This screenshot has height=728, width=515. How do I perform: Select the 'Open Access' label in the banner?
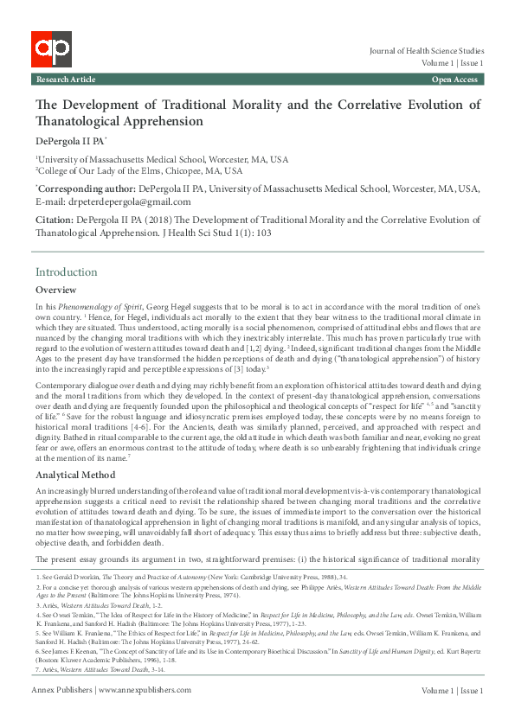coord(454,80)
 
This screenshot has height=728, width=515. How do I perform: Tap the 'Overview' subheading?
coord(55,290)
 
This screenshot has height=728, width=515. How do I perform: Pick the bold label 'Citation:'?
coord(54,221)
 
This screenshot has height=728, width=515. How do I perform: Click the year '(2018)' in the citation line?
coord(167,221)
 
